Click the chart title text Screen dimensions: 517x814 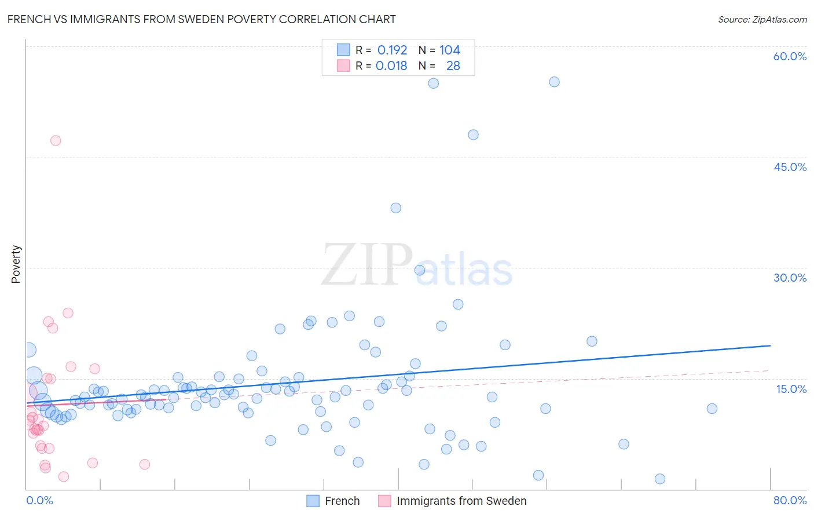coord(201,19)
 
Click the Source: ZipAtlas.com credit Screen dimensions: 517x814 coord(762,19)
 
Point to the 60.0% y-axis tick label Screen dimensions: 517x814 coord(790,56)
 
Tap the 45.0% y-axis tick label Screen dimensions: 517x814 coord(790,167)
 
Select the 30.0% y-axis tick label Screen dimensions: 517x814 coord(790,278)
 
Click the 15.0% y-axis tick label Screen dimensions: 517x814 coord(791,389)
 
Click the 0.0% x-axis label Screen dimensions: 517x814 coord(39,500)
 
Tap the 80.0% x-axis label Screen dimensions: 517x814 coord(790,500)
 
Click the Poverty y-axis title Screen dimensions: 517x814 coord(16,264)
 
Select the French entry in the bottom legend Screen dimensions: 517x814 coord(342,501)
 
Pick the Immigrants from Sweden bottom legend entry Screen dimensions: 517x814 coord(461,501)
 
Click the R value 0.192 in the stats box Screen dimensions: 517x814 coord(392,50)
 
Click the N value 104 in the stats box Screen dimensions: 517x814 coord(449,50)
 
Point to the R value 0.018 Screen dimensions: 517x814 coord(391,65)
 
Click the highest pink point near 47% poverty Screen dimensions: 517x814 coord(56,140)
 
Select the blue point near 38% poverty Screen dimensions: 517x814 coord(395,208)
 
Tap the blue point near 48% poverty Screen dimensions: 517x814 coord(473,135)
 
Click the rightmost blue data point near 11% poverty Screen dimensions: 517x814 coord(712,409)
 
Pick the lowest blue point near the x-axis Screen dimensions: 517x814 coord(660,479)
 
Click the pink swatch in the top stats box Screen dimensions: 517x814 coord(343,65)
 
